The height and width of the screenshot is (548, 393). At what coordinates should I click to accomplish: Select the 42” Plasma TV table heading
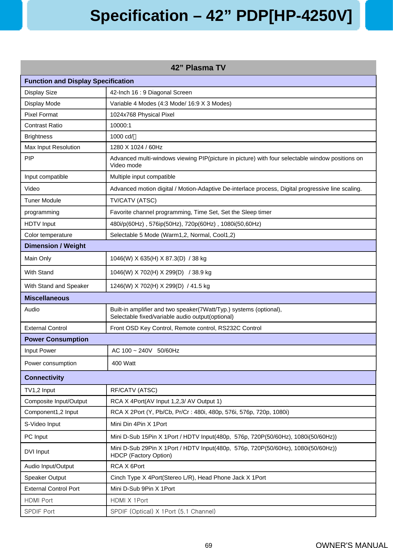pyautogui.click(x=198, y=68)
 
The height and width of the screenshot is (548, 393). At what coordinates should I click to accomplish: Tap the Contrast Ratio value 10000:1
pyautogui.click(x=120, y=125)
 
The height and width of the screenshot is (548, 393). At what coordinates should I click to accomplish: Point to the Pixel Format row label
pyautogui.click(x=41, y=115)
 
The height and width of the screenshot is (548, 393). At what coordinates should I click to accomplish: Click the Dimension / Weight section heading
pyautogui.click(x=55, y=246)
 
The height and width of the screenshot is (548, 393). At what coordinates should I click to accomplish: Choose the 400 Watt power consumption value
pyautogui.click(x=124, y=363)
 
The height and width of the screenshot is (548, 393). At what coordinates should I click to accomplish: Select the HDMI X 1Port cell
pyautogui.click(x=129, y=500)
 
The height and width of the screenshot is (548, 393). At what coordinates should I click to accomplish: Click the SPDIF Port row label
pyautogui.click(x=40, y=512)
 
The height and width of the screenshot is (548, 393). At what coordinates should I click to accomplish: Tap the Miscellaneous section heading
pyautogui.click(x=47, y=298)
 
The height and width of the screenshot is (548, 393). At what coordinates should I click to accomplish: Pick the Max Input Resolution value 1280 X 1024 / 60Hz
pyautogui.click(x=136, y=147)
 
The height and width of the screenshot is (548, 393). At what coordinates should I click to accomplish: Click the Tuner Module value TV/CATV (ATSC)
pyautogui.click(x=133, y=201)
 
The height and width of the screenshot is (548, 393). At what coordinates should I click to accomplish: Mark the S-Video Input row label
pyautogui.click(x=42, y=424)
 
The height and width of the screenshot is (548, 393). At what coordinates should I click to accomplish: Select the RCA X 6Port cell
pyautogui.click(x=127, y=466)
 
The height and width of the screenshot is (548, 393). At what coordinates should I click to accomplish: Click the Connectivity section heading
pyautogui.click(x=44, y=378)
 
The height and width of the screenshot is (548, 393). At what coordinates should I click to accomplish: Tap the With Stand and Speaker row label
pyautogui.click(x=56, y=286)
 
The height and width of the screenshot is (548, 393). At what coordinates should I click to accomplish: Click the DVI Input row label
pyautogui.click(x=37, y=452)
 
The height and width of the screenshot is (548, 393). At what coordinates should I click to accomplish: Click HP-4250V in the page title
pyautogui.click(x=310, y=16)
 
